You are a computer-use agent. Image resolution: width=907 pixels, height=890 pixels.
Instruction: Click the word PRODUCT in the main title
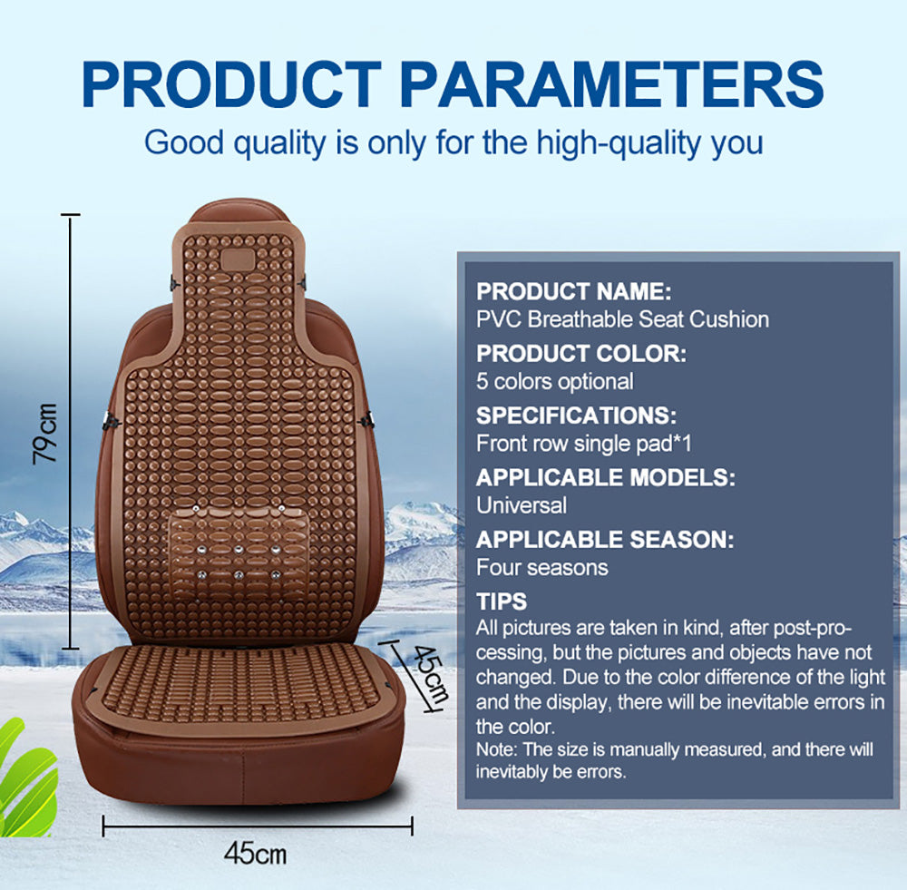[231, 84]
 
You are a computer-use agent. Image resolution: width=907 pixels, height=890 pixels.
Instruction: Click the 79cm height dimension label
[45, 434]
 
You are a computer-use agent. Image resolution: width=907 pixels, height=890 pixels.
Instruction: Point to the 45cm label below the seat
[255, 854]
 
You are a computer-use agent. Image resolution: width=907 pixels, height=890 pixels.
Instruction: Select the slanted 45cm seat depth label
[429, 675]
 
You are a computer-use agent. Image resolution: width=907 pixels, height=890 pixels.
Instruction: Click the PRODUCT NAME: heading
[573, 291]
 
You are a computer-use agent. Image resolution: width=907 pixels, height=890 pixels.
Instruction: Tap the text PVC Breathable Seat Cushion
[622, 319]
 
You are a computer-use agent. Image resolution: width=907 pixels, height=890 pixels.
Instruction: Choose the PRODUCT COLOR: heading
[580, 354]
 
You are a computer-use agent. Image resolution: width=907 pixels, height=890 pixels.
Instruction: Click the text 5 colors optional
[555, 382]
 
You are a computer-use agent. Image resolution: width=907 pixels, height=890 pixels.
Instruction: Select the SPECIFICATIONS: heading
[576, 416]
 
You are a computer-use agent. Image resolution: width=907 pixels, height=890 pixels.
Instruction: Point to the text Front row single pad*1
[583, 444]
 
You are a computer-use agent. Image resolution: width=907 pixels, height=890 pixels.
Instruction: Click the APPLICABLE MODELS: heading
[606, 477]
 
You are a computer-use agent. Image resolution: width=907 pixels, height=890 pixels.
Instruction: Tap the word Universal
[522, 505]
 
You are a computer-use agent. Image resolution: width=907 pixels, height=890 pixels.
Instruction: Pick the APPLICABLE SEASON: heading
[605, 540]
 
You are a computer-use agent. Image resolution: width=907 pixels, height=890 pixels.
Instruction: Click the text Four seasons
[542, 568]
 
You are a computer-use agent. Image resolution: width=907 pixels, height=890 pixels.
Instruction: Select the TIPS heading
[502, 601]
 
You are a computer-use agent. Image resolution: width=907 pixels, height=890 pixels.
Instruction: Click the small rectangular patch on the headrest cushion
[237, 259]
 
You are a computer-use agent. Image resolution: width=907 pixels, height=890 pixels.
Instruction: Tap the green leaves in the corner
[26, 778]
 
